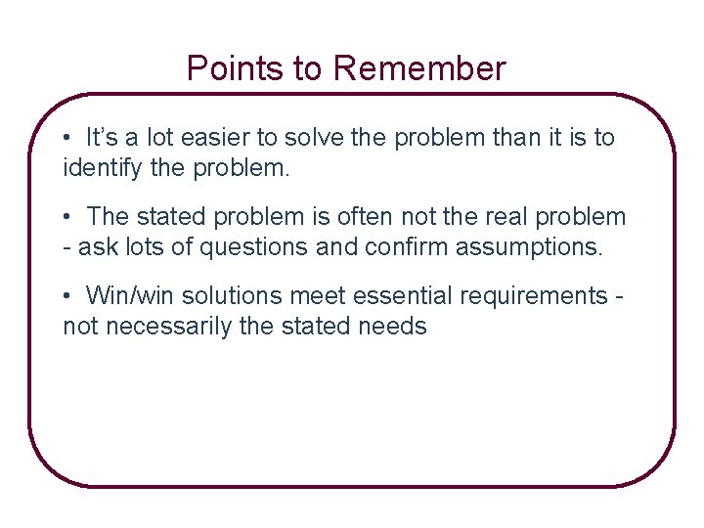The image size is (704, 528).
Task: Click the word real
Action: pyautogui.click(x=493, y=217)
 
